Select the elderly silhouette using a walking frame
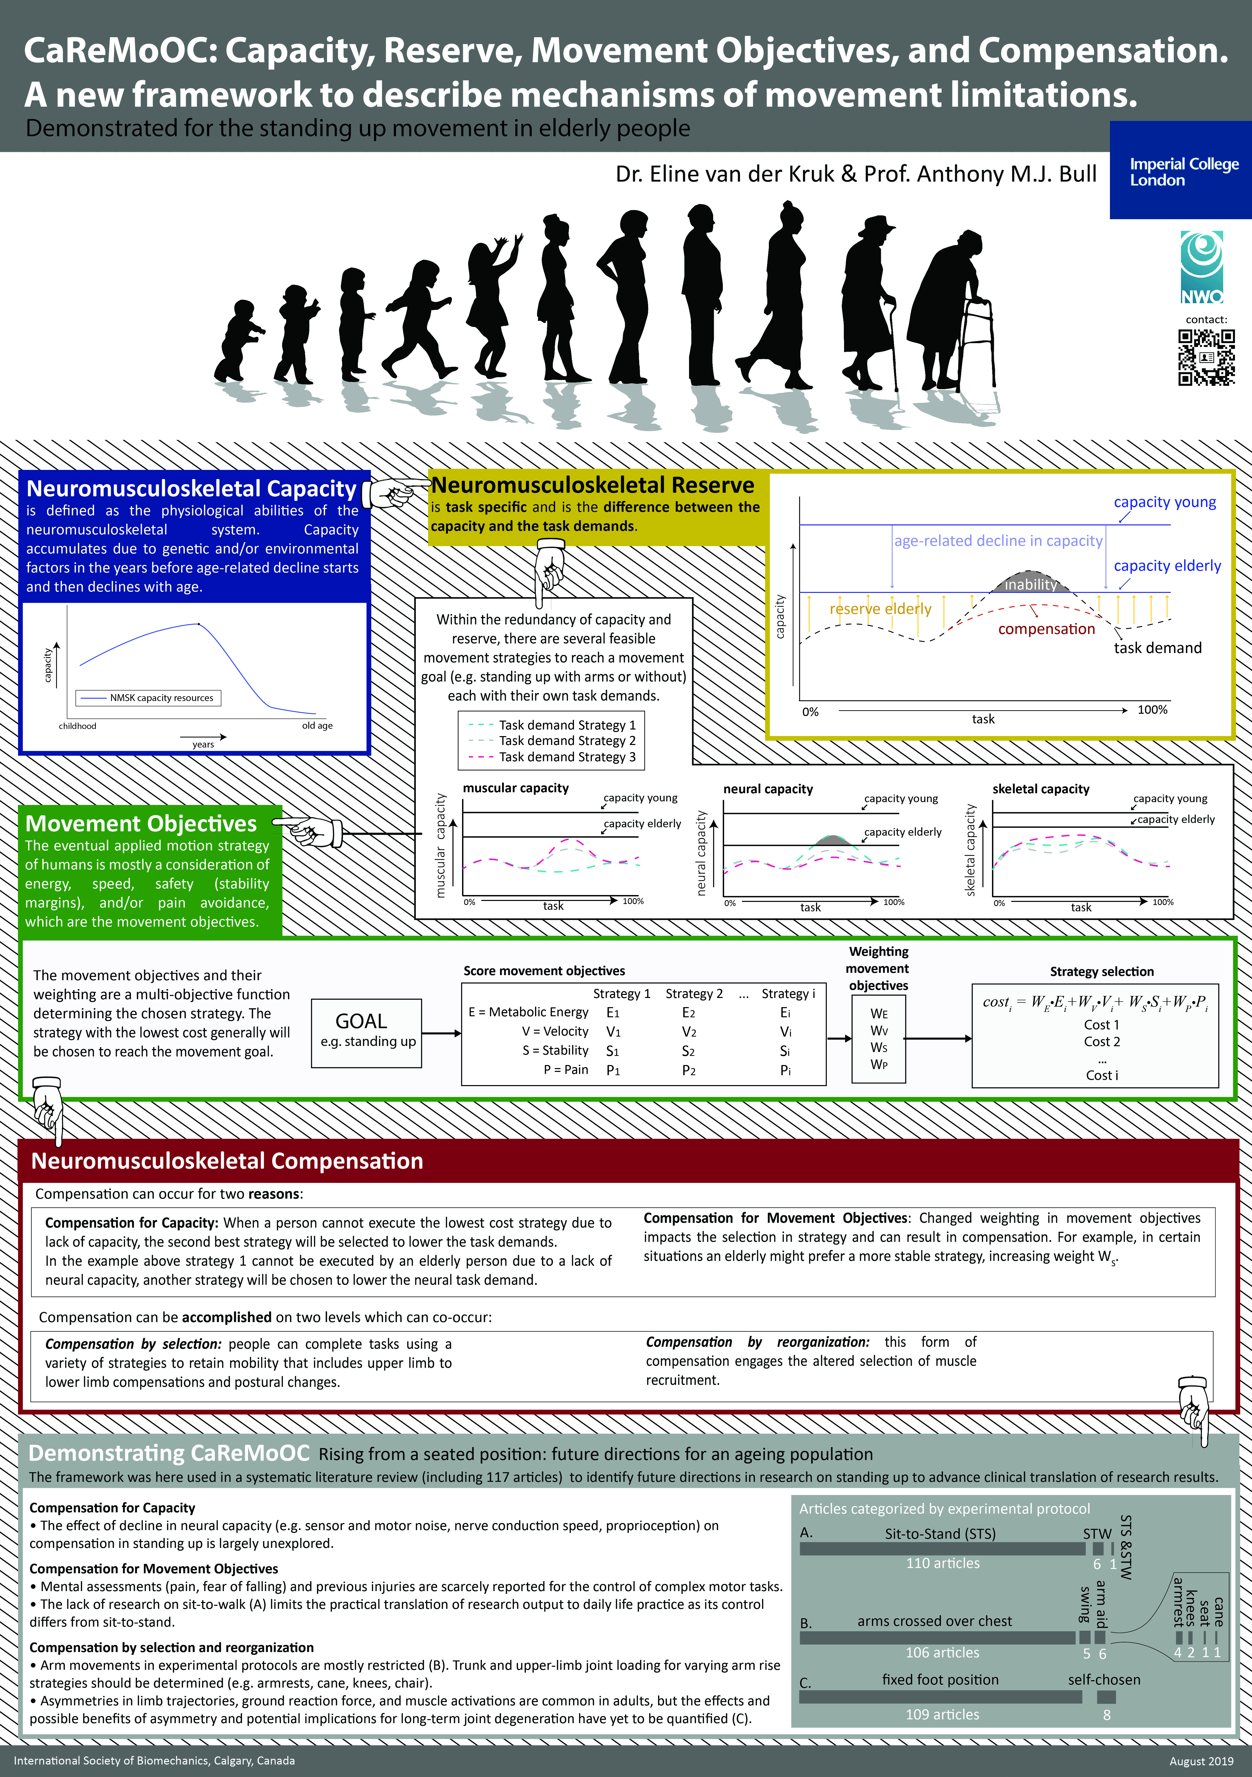click(951, 310)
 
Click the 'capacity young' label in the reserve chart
click(1165, 502)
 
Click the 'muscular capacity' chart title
click(516, 788)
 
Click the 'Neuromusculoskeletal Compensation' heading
click(227, 1161)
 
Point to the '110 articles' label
click(942, 1563)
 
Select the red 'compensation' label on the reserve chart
click(1046, 629)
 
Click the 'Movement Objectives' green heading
click(141, 823)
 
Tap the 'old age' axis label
click(317, 726)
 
